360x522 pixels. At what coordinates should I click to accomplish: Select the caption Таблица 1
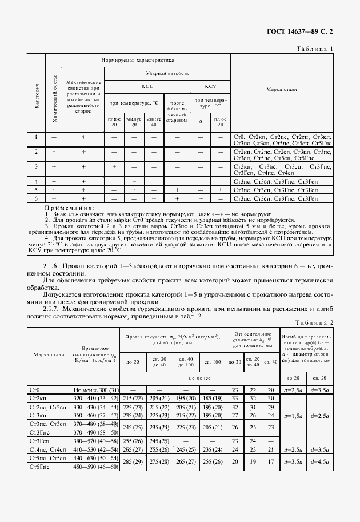315,49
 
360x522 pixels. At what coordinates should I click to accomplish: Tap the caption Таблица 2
315,322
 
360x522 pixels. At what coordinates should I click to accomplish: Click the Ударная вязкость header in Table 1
167,74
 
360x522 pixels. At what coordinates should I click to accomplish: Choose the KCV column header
210,86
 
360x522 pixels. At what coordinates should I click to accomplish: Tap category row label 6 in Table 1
37,198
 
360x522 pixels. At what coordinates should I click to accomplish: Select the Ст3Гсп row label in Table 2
39,441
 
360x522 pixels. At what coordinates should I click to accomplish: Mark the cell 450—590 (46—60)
95,467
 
